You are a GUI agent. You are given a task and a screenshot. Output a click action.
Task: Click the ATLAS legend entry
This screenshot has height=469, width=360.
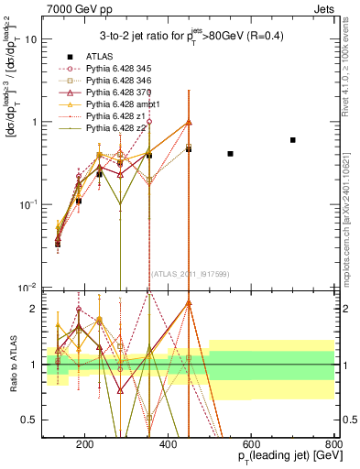tap(93, 57)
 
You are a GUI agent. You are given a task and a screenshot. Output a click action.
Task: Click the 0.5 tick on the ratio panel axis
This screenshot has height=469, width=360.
tap(33, 420)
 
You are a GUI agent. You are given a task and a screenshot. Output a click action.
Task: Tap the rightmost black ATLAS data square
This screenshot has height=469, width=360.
tap(293, 140)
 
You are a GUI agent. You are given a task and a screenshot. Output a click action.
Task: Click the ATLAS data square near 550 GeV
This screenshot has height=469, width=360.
tap(230, 154)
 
